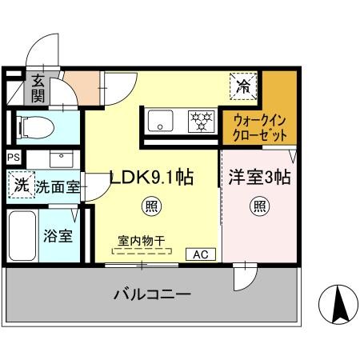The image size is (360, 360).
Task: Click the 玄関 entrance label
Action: [38, 89]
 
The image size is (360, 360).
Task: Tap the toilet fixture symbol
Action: [35, 128]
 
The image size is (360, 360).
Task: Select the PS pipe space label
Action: [14, 158]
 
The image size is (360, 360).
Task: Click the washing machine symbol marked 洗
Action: [22, 185]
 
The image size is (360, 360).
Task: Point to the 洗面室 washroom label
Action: [58, 186]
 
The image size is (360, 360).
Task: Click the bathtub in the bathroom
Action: [22, 236]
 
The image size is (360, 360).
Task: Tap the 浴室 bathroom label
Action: [58, 236]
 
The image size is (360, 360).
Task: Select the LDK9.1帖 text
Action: [151, 177]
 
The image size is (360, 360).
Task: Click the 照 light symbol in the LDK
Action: [151, 206]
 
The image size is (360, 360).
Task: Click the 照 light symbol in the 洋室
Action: [260, 206]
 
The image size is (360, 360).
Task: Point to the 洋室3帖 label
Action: [259, 177]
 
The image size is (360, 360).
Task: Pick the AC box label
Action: [201, 254]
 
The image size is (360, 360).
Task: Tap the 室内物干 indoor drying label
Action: [142, 241]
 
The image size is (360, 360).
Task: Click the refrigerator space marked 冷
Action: [243, 86]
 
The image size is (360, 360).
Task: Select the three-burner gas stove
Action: [202, 122]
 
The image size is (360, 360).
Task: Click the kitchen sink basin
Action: [161, 121]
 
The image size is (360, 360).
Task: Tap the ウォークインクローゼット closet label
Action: [260, 128]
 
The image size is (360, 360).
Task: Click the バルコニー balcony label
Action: [153, 294]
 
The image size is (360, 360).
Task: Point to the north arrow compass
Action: [338, 305]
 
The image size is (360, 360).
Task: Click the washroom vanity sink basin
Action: [62, 159]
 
